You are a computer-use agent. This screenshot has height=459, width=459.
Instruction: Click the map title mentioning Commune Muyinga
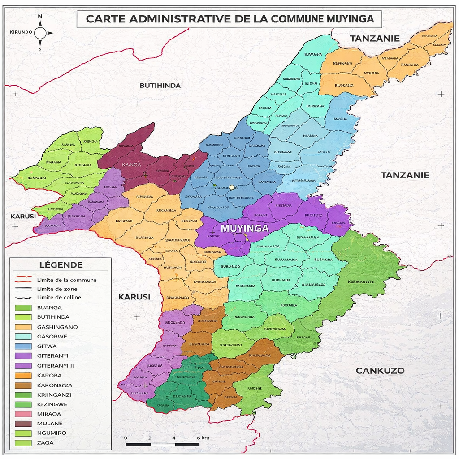(x=229, y=19)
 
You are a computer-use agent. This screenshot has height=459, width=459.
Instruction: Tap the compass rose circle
(x=40, y=33)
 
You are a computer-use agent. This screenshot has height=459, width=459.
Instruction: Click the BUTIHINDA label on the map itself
(x=160, y=86)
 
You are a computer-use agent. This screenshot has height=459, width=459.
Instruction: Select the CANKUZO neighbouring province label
(x=380, y=371)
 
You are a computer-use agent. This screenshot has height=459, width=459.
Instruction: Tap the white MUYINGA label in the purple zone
(x=244, y=228)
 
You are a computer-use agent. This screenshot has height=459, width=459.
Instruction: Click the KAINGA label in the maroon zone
(x=131, y=165)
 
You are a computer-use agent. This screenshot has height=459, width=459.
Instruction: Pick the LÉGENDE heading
(x=61, y=265)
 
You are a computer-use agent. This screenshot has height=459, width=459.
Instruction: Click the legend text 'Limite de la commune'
(x=67, y=280)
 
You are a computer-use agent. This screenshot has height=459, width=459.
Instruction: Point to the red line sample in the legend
(x=23, y=280)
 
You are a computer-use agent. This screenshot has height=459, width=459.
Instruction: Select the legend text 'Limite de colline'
(x=59, y=298)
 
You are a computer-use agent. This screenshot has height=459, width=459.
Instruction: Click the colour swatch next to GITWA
(x=23, y=346)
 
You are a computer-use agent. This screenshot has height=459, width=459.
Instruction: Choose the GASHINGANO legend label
(x=57, y=327)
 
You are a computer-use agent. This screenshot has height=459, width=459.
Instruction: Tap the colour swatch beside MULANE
(x=23, y=424)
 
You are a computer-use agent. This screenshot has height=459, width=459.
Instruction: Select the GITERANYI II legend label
(x=56, y=366)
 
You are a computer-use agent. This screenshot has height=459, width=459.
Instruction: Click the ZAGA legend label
(x=46, y=443)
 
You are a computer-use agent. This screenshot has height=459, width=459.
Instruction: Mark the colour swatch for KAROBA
(x=23, y=376)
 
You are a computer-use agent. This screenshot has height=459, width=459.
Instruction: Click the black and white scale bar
(x=162, y=445)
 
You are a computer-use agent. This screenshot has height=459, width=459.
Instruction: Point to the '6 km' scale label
(x=203, y=437)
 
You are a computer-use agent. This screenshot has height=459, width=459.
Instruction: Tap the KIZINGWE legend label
(x=52, y=404)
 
